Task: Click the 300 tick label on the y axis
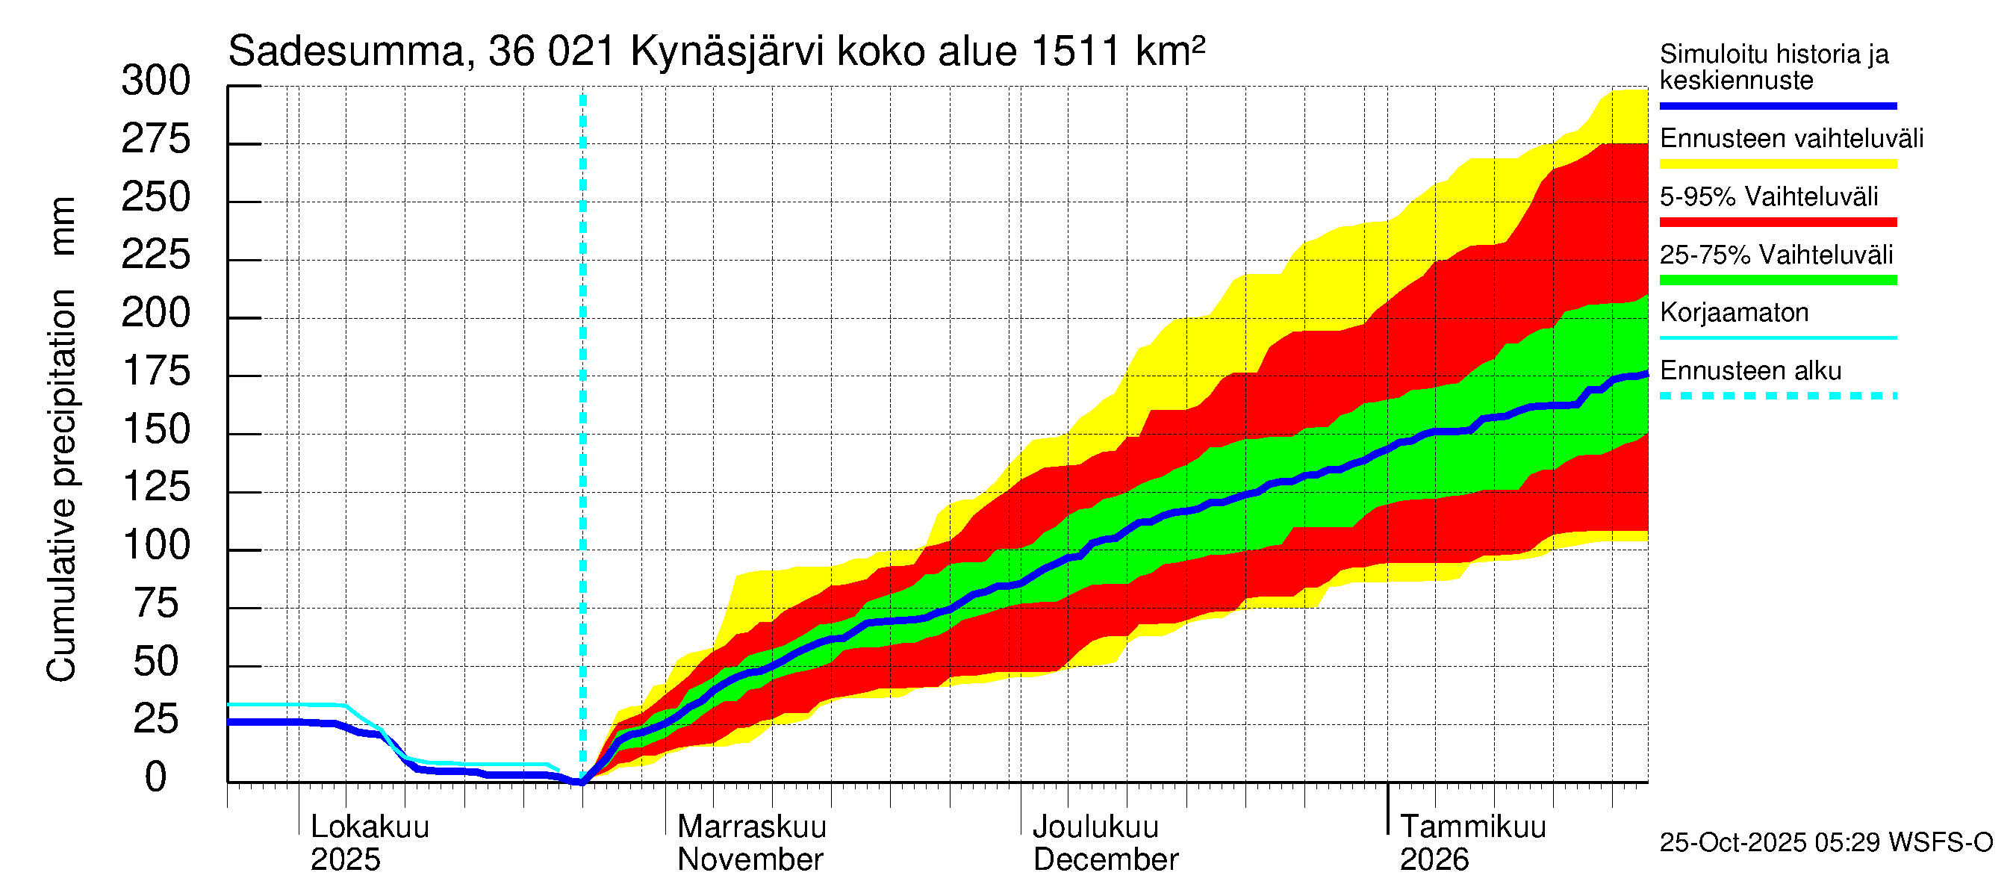pos(156,81)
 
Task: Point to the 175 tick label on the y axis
pos(156,372)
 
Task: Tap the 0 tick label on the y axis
pos(156,778)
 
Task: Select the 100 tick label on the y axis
pos(156,545)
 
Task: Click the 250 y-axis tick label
pos(156,197)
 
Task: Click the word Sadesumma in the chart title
pos(346,52)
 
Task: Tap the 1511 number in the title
pos(1075,52)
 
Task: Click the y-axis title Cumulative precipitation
pos(61,485)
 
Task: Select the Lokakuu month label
pos(370,827)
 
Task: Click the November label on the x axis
pos(750,860)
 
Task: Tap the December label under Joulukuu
pos(1105,860)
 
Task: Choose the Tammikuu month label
pos(1472,827)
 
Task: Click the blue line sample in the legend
pos(1777,105)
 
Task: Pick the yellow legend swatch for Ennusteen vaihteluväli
pos(1777,164)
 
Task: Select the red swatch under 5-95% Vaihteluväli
pos(1777,223)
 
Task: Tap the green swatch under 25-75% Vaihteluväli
pos(1777,280)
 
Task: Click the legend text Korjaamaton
pos(1734,313)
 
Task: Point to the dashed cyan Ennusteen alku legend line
pos(1777,396)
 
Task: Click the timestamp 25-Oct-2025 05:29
pos(1770,843)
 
